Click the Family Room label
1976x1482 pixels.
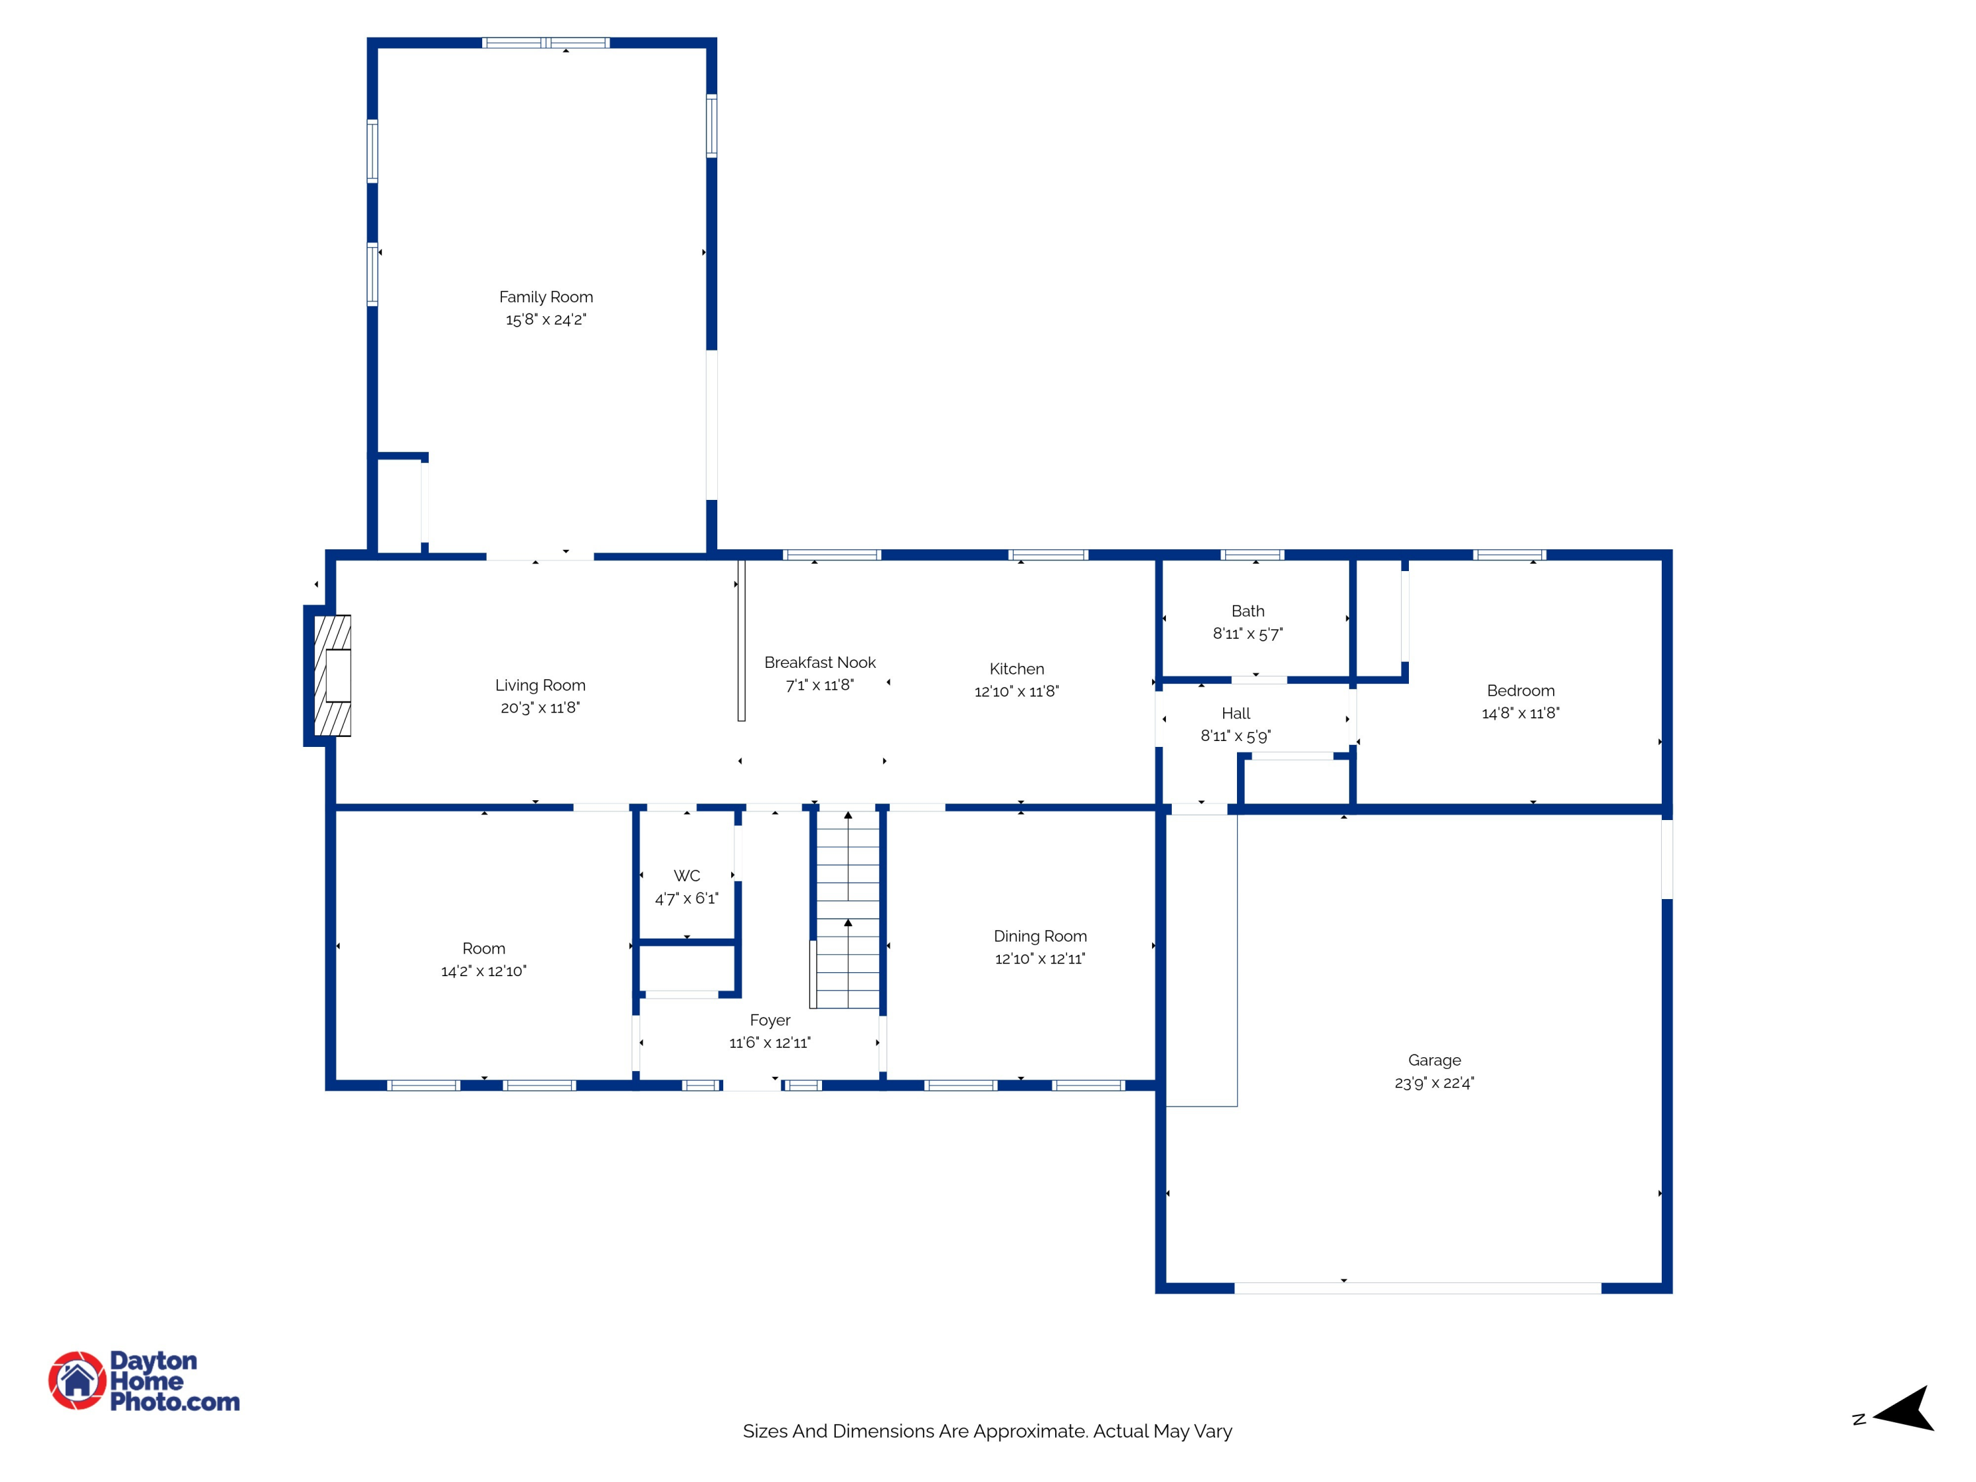(x=546, y=296)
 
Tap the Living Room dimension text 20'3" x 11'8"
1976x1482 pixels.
(x=539, y=707)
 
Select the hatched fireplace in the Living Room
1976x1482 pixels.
(x=333, y=675)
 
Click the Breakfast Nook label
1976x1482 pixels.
(x=819, y=662)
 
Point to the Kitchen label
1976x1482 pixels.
(x=1016, y=668)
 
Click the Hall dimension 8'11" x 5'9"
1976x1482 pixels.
(x=1236, y=736)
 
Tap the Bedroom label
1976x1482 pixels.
(x=1520, y=690)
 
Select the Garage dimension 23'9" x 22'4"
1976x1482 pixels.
(x=1434, y=1083)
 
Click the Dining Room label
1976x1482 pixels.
(x=1040, y=936)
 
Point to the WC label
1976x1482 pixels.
(x=686, y=875)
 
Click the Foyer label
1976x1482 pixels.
(x=770, y=1020)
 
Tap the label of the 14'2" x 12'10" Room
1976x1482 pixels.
(x=483, y=948)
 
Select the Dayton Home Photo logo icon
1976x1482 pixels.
(x=78, y=1380)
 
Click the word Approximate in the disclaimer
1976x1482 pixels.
(x=1030, y=1431)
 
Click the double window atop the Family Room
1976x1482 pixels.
(x=546, y=43)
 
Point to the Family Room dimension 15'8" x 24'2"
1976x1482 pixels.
(x=546, y=320)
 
